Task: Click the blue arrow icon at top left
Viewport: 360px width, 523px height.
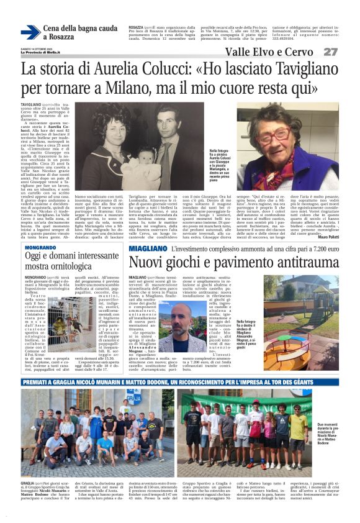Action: pos(30,32)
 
